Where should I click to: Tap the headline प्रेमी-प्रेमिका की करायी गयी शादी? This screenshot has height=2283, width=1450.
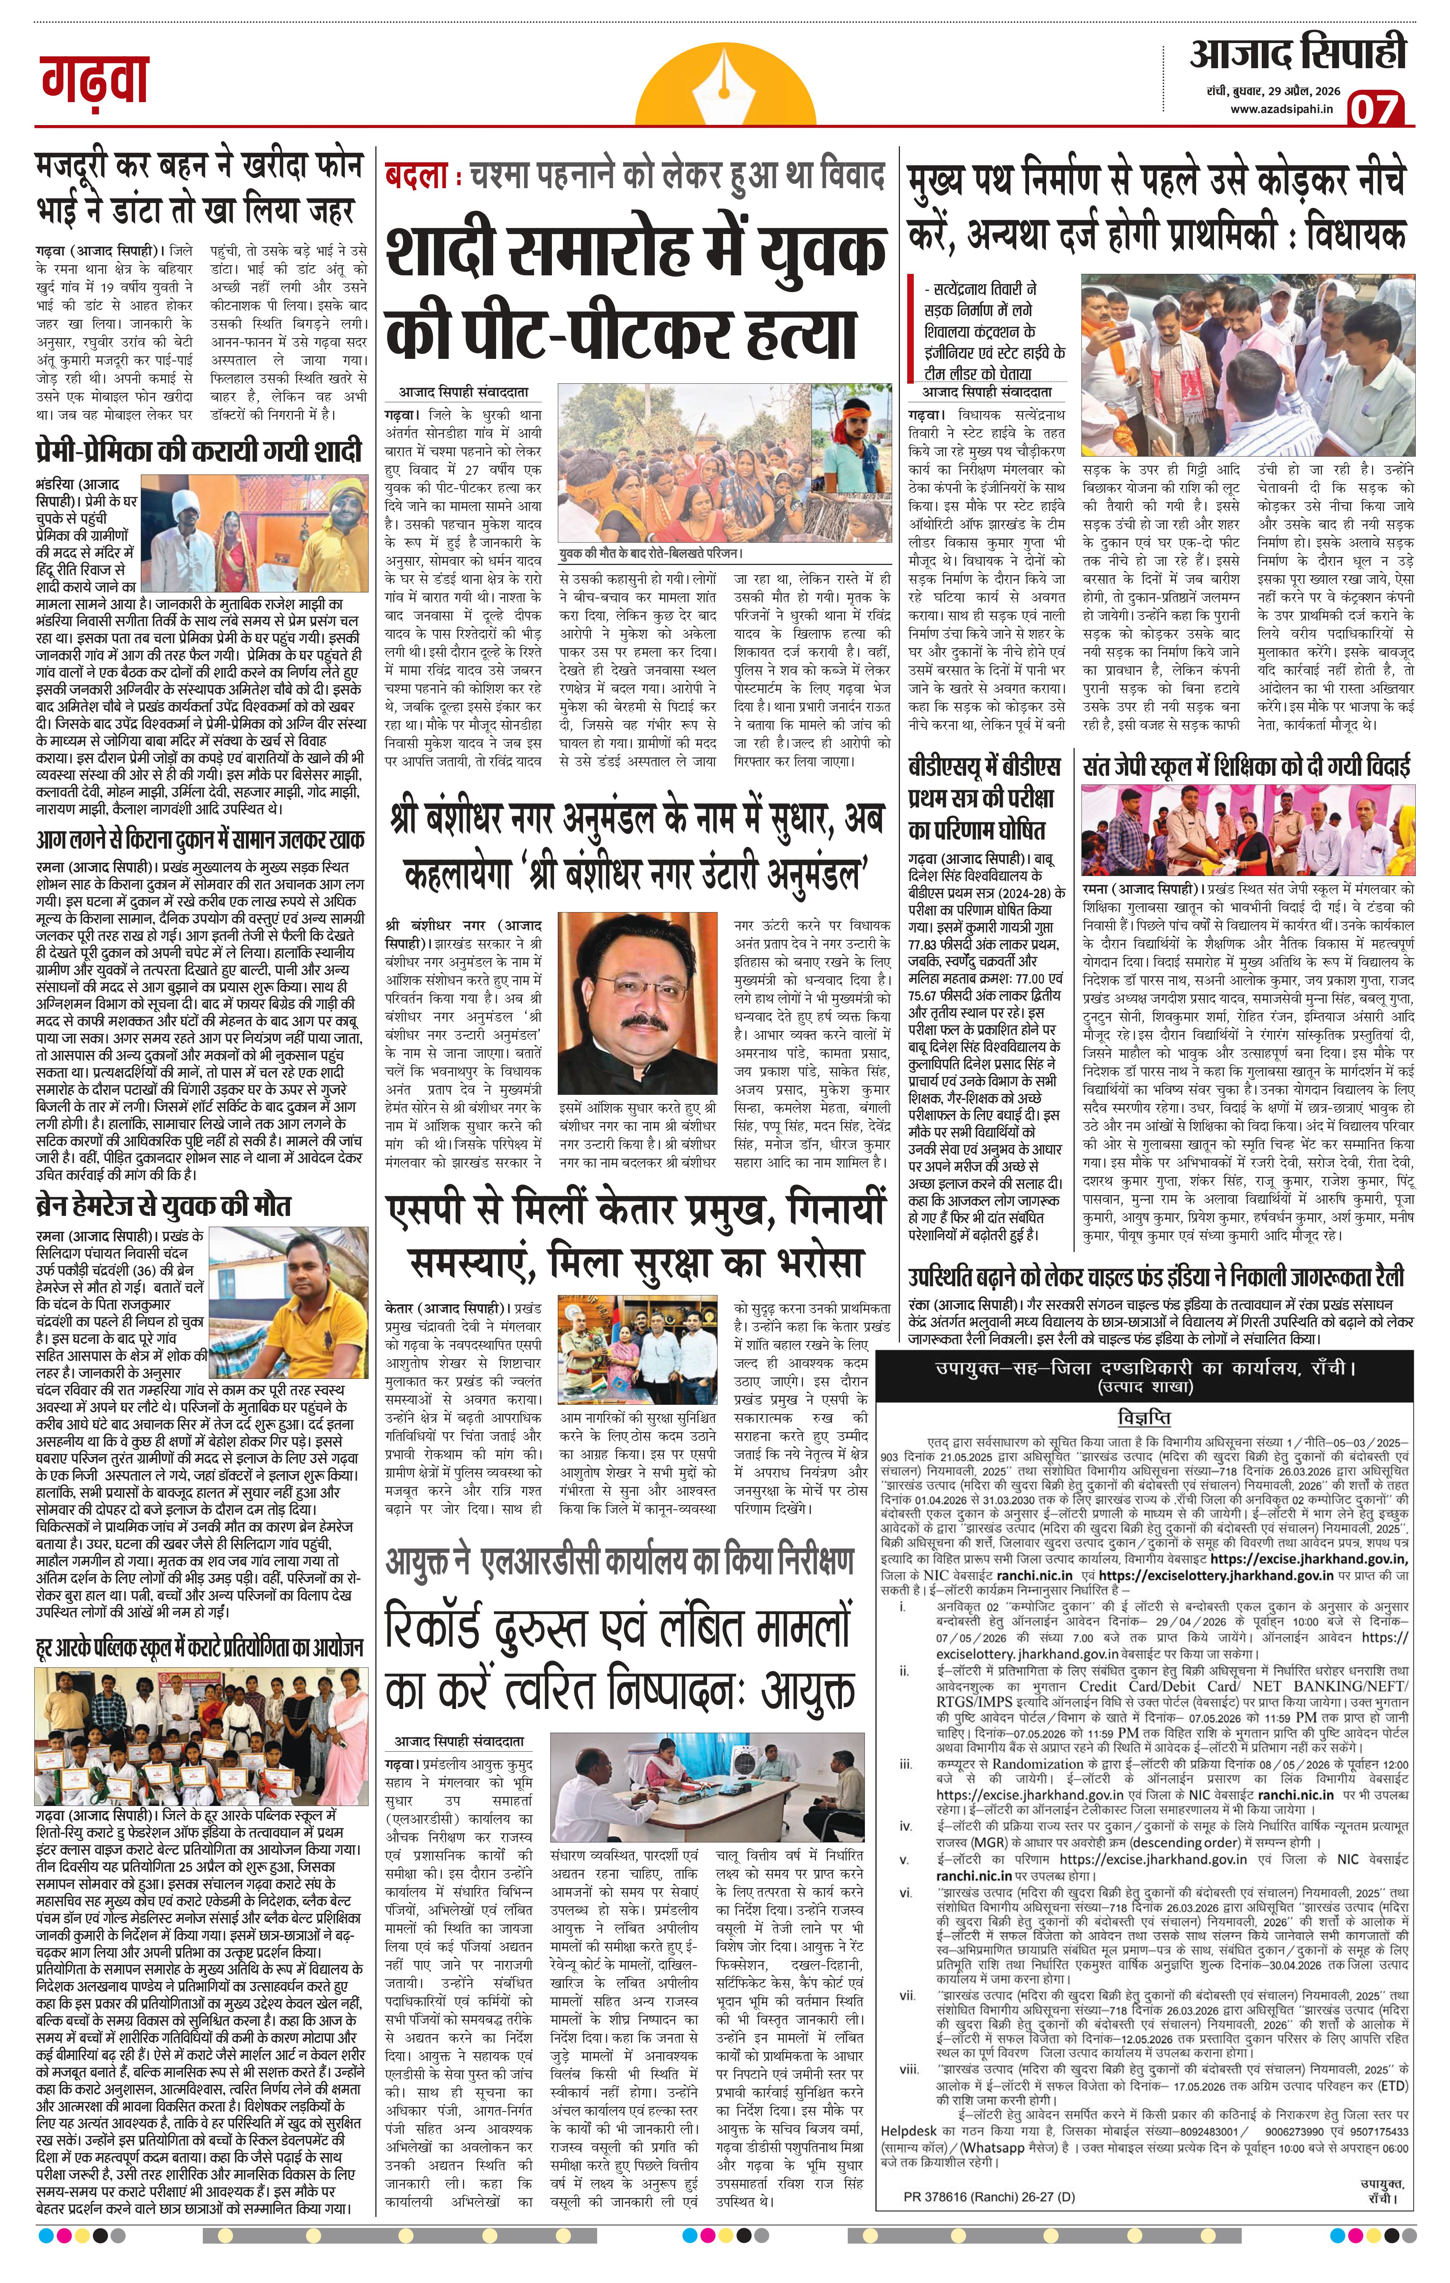199,447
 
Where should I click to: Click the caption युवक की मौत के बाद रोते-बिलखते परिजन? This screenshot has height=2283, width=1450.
650,553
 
